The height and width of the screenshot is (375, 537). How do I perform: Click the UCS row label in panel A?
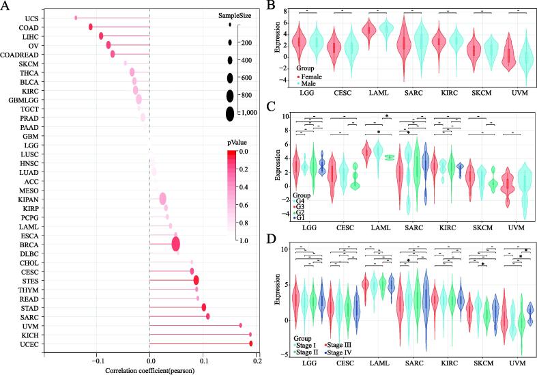(29, 18)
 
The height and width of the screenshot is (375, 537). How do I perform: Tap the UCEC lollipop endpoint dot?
(251, 344)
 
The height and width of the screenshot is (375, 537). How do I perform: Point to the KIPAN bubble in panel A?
(162, 198)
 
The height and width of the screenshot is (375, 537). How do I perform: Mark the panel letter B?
(271, 6)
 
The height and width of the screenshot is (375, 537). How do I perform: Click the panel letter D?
(271, 240)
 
